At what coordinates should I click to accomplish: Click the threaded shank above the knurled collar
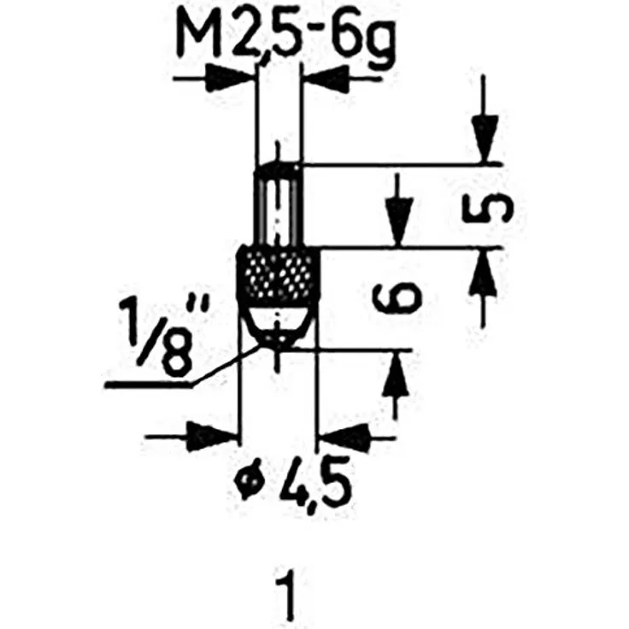(277, 205)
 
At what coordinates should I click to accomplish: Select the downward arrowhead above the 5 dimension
(485, 137)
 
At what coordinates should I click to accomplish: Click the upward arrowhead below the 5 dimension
(485, 273)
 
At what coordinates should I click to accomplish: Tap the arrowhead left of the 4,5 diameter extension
(210, 436)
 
